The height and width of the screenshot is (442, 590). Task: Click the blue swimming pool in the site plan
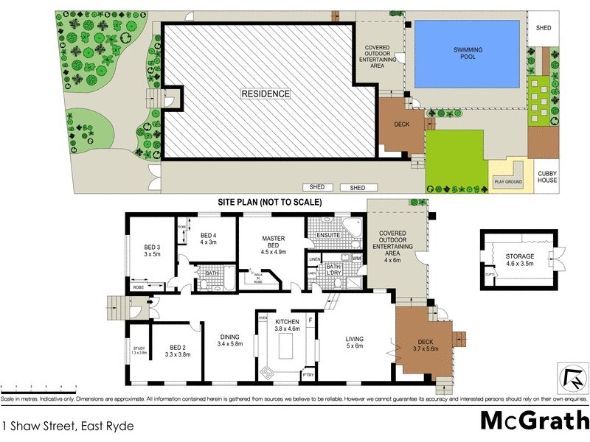pyautogui.click(x=468, y=53)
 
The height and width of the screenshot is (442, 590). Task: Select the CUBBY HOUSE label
pyautogui.click(x=547, y=177)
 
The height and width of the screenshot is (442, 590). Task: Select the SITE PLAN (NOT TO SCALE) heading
pyautogui.click(x=269, y=202)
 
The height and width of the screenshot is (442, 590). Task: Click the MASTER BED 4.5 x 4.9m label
pyautogui.click(x=274, y=243)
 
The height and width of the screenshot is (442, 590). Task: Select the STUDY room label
pyautogui.click(x=139, y=351)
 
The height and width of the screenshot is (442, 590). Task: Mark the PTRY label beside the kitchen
pyautogui.click(x=308, y=375)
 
